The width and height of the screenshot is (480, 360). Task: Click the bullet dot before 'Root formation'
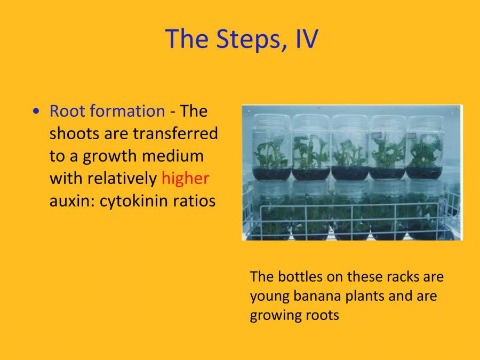click(x=36, y=111)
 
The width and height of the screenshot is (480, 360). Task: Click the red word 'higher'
click(x=185, y=178)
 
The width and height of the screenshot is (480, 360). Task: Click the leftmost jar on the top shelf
click(x=272, y=147)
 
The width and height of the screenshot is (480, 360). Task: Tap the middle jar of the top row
click(x=349, y=147)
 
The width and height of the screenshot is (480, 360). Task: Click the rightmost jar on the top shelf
click(x=425, y=147)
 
